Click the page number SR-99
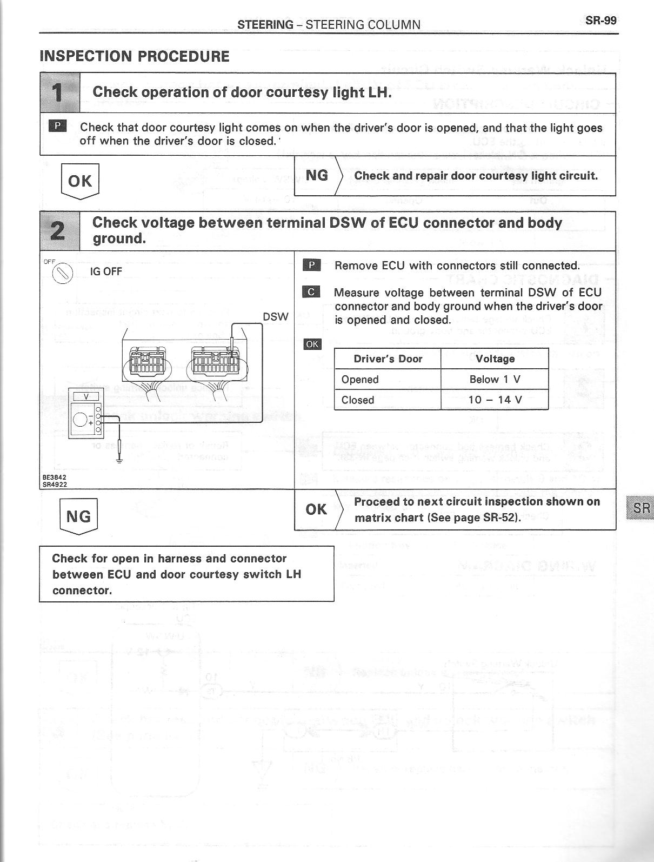[x=600, y=21]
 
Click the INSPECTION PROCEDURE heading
[x=135, y=57]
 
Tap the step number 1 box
[x=60, y=93]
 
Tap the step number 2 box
[x=60, y=231]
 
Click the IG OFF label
[x=106, y=271]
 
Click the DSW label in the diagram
[x=275, y=317]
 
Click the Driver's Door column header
[x=388, y=359]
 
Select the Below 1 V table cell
[x=495, y=379]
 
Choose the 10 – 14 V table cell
[x=495, y=400]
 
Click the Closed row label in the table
[x=358, y=400]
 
